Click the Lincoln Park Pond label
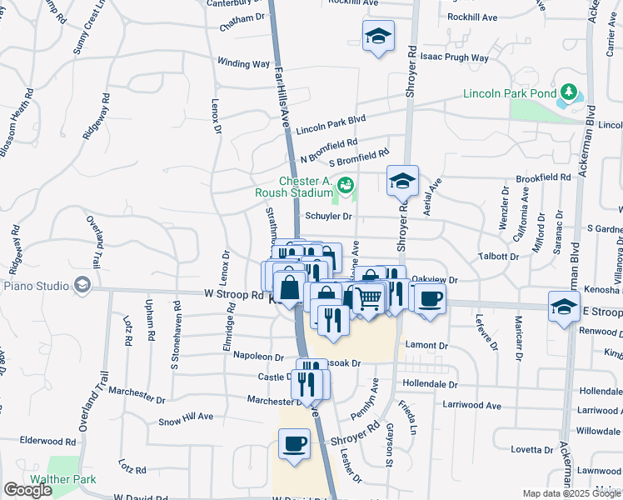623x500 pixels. point(510,93)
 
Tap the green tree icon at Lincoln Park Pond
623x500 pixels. point(569,91)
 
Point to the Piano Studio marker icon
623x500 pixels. point(82,286)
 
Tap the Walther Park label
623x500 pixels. point(63,479)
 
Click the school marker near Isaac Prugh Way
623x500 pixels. point(378,36)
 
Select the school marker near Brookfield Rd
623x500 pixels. point(402,181)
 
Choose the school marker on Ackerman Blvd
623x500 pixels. point(564,306)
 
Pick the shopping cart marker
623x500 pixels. point(369,297)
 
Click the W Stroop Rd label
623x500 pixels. point(233,294)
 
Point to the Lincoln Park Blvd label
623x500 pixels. point(331,124)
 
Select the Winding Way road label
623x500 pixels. point(243,63)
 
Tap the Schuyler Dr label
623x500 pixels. point(329,215)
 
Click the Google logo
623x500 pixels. point(27,490)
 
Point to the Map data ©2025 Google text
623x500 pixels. point(571,493)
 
